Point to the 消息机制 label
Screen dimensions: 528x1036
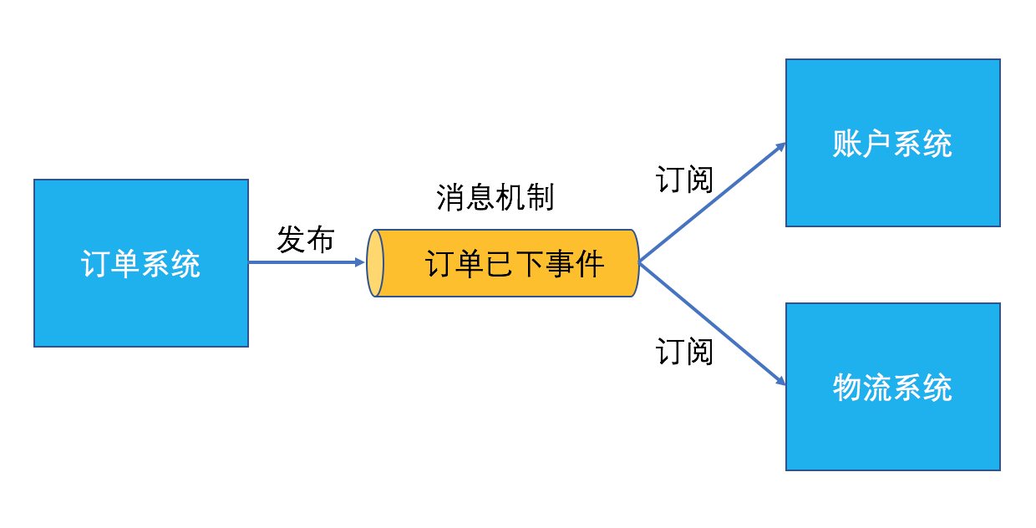[x=495, y=198]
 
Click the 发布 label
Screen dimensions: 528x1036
[x=305, y=240]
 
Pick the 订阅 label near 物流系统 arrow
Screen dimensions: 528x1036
[x=684, y=351]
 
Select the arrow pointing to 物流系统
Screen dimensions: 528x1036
[x=710, y=323]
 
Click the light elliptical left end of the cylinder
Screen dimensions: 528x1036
[x=375, y=263]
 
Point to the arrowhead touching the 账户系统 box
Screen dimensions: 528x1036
[x=781, y=147]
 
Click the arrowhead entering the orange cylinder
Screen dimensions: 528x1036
[x=360, y=262]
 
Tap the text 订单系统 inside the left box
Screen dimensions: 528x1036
[x=140, y=264]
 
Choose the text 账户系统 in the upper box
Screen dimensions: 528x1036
[x=892, y=144]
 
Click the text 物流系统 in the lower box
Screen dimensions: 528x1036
[x=892, y=388]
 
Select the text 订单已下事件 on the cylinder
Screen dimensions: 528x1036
[x=515, y=264]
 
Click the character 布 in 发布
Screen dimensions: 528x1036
[x=319, y=240]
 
